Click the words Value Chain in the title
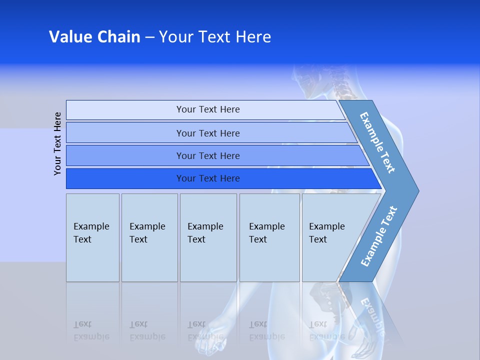coord(94,37)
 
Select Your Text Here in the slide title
coord(215,37)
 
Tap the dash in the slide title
coord(149,37)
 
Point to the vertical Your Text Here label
coord(57,143)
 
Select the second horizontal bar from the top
coord(207,133)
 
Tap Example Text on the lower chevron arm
coord(378,236)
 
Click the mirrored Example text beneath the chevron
coord(372,315)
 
